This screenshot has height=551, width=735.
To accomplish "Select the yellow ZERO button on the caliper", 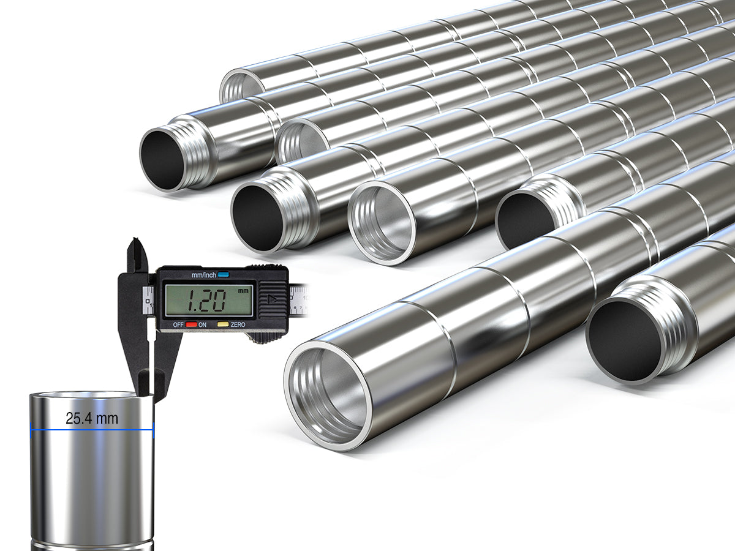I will (223, 324).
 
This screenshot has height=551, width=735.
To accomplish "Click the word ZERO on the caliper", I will (238, 324).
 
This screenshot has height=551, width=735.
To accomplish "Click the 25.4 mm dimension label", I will (92, 419).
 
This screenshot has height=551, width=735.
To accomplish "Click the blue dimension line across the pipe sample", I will (92, 430).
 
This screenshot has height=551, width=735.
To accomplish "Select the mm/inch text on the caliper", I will (204, 275).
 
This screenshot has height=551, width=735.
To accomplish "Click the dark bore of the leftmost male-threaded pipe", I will (162, 159).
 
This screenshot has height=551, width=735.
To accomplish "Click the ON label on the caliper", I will (202, 324).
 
